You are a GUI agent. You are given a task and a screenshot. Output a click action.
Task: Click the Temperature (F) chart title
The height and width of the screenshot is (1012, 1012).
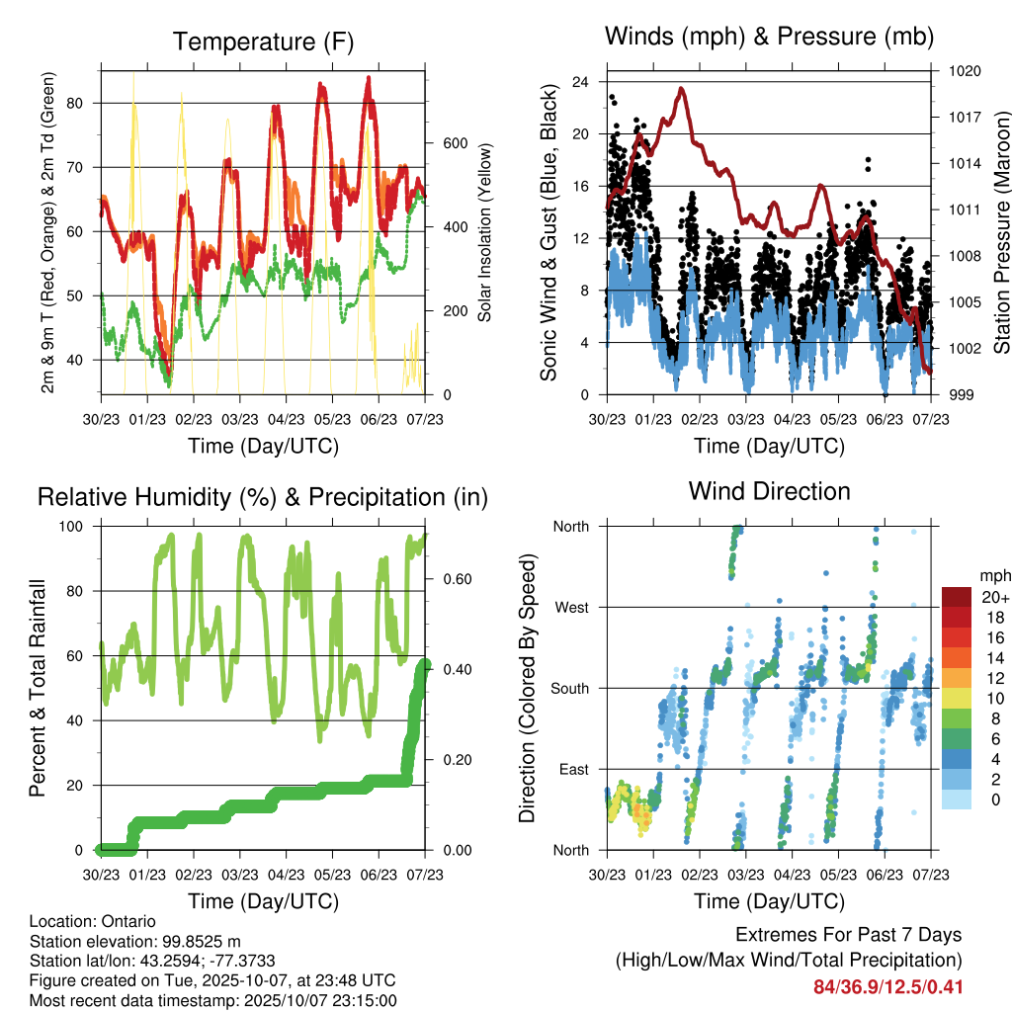coord(263,42)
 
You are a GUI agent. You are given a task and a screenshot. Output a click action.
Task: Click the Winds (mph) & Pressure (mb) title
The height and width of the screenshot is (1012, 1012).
coord(769,37)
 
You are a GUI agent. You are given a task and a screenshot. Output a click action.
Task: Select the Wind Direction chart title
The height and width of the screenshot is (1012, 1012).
coord(769,490)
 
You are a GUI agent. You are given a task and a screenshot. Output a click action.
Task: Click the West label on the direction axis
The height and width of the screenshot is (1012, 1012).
coord(570,607)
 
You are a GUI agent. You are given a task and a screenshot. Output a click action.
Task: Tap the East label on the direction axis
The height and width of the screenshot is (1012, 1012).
coord(572,769)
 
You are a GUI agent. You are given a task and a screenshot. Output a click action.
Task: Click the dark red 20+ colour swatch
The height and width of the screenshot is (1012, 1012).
coord(958,597)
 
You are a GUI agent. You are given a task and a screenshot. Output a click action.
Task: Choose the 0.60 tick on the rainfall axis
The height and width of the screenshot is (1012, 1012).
coord(448,579)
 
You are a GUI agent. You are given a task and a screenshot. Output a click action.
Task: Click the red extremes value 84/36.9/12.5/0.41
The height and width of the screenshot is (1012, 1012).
coord(887,987)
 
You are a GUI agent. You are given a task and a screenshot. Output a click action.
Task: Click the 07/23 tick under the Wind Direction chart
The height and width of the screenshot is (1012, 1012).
coord(930,874)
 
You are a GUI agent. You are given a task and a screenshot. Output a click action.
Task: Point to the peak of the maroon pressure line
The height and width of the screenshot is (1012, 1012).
coord(681,89)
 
